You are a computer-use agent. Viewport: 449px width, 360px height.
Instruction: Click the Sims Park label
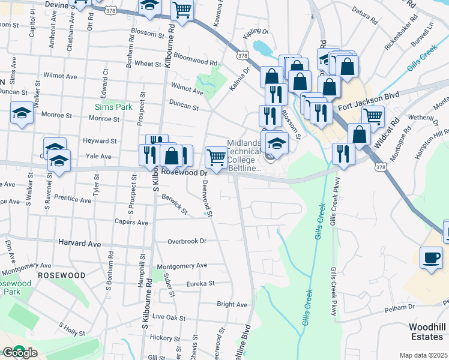(x=110, y=107)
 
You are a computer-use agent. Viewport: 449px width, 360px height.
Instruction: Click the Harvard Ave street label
(x=80, y=244)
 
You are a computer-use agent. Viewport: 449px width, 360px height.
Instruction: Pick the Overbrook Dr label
(x=187, y=241)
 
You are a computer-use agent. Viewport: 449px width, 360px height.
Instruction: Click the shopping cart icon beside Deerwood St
(x=215, y=157)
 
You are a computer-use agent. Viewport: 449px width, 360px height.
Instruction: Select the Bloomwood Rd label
(x=194, y=62)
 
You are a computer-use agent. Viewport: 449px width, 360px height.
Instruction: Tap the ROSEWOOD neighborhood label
(x=61, y=275)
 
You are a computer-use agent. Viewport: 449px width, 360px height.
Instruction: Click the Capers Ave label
(x=132, y=222)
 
